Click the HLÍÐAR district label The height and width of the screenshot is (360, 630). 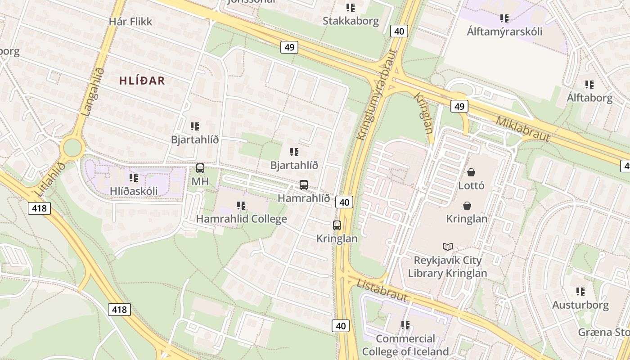[x=142, y=81]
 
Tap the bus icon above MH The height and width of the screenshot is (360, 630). [x=200, y=168]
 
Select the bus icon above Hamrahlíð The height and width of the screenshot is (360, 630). [x=304, y=184]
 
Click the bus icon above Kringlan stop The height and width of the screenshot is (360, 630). [x=337, y=225]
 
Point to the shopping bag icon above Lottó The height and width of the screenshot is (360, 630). [x=471, y=172]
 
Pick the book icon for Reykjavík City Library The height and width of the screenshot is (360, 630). [x=448, y=247]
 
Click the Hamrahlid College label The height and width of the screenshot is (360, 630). [x=241, y=219]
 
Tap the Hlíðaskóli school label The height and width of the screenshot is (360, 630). [x=134, y=191]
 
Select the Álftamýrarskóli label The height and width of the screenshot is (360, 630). [x=504, y=31]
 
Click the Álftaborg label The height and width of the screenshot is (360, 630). [x=589, y=98]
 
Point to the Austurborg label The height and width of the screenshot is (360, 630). [x=580, y=305]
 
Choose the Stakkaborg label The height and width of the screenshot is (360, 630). [x=351, y=21]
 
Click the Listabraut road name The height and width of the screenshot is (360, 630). [x=382, y=290]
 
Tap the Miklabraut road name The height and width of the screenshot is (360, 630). [x=523, y=128]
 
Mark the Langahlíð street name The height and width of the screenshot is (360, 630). [x=94, y=91]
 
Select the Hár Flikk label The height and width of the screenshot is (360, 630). [x=130, y=21]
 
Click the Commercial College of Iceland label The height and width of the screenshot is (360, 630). [x=405, y=345]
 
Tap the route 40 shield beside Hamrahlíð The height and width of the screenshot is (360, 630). [x=344, y=202]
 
